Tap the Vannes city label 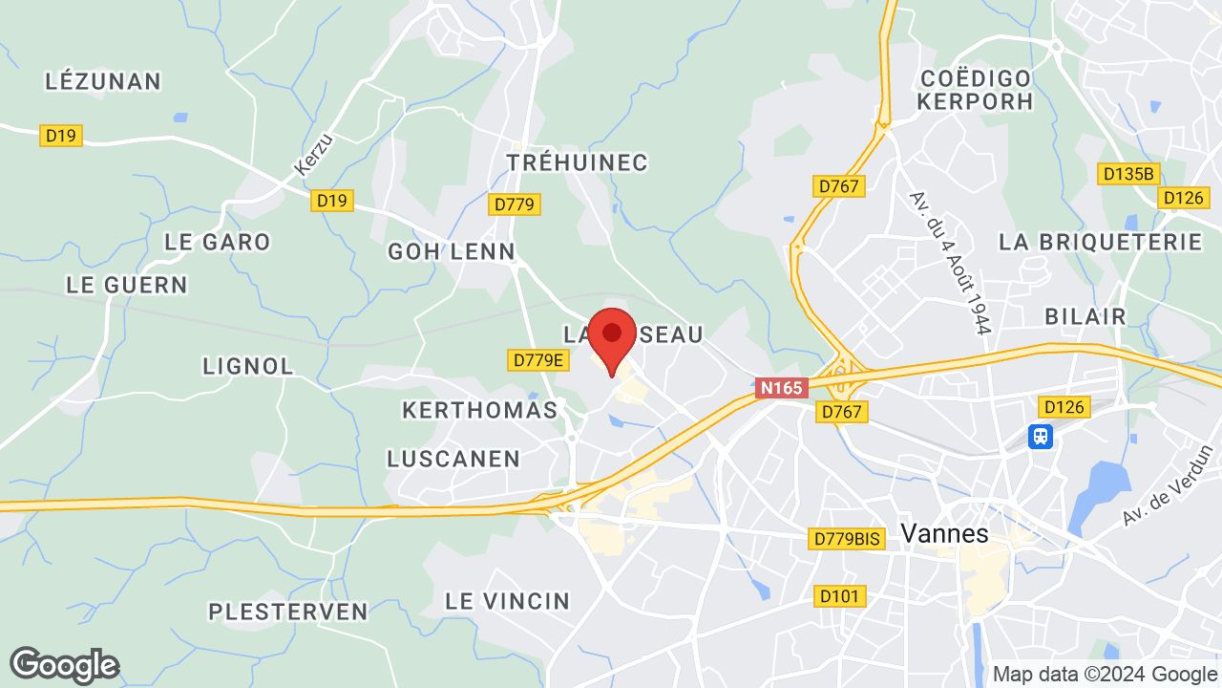click(944, 534)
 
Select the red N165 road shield click(782, 388)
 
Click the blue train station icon click(1040, 437)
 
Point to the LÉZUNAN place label click(103, 81)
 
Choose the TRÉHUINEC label click(578, 162)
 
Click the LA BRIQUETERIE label click(1100, 242)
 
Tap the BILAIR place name click(1085, 316)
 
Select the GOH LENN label click(451, 251)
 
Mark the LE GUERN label click(127, 285)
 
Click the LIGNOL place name click(248, 366)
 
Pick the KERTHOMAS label click(479, 410)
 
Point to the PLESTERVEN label click(288, 612)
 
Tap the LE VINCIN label click(507, 601)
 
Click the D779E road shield click(537, 360)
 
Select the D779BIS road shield click(846, 539)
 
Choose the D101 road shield click(841, 596)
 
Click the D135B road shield click(1128, 174)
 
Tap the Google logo click(64, 665)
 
